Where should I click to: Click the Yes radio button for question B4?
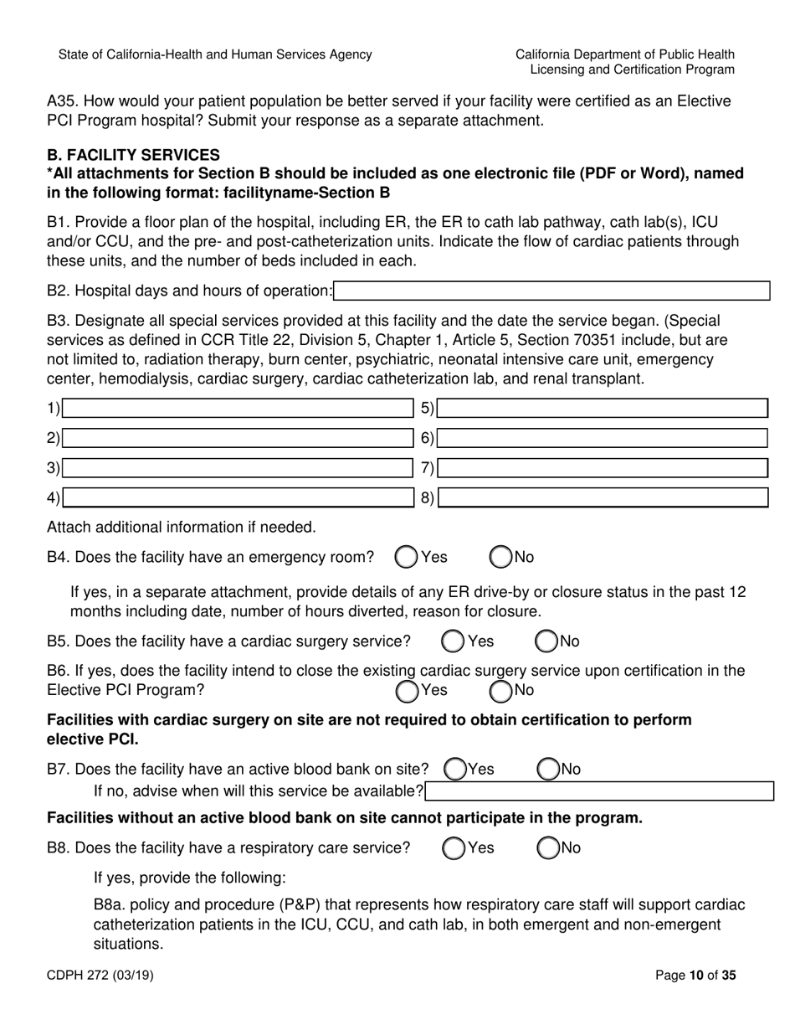click(x=407, y=557)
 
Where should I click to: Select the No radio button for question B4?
click(x=501, y=557)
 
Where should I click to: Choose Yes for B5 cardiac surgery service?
click(x=453, y=641)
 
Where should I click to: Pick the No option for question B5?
click(x=547, y=641)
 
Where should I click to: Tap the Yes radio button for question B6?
click(x=407, y=691)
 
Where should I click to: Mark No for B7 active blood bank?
click(x=547, y=769)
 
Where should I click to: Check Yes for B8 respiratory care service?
click(x=453, y=848)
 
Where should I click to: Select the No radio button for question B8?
click(x=547, y=848)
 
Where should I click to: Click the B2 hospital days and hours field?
click(x=551, y=291)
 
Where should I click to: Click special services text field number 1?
click(x=238, y=409)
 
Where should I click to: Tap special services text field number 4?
click(x=238, y=498)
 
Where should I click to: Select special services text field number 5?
click(x=603, y=409)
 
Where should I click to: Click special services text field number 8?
click(x=603, y=498)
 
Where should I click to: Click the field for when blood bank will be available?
click(x=599, y=791)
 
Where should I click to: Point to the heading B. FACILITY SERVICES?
click(x=133, y=155)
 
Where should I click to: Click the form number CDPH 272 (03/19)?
click(x=100, y=975)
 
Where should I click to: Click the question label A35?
click(x=62, y=101)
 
